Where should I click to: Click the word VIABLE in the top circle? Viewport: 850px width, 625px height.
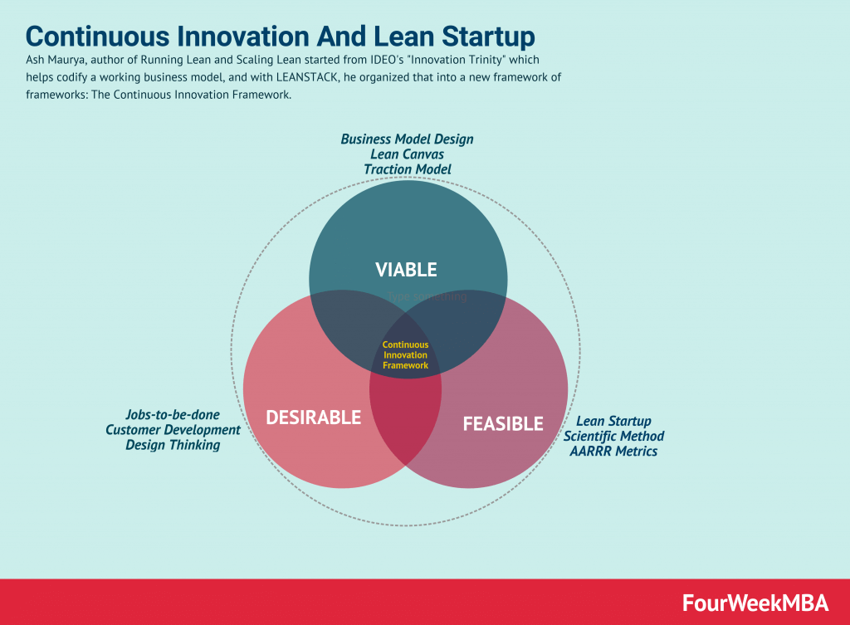point(406,269)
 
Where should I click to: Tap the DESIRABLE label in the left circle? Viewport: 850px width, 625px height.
point(313,417)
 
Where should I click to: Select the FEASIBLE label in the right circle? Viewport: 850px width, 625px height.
point(502,423)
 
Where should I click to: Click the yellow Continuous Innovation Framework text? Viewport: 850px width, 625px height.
point(405,354)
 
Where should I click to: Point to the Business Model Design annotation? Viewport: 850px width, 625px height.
point(407,139)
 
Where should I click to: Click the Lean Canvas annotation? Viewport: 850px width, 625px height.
point(407,154)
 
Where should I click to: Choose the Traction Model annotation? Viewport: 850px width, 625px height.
point(407,169)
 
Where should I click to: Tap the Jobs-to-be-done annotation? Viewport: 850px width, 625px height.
point(173,414)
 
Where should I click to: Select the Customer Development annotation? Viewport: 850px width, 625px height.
point(173,429)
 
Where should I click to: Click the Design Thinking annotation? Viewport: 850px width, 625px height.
point(173,445)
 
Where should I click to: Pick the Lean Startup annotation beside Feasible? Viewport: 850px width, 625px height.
point(613,421)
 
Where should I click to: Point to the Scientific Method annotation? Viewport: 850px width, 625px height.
point(613,436)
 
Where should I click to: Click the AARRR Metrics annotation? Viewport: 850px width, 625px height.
point(613,452)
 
